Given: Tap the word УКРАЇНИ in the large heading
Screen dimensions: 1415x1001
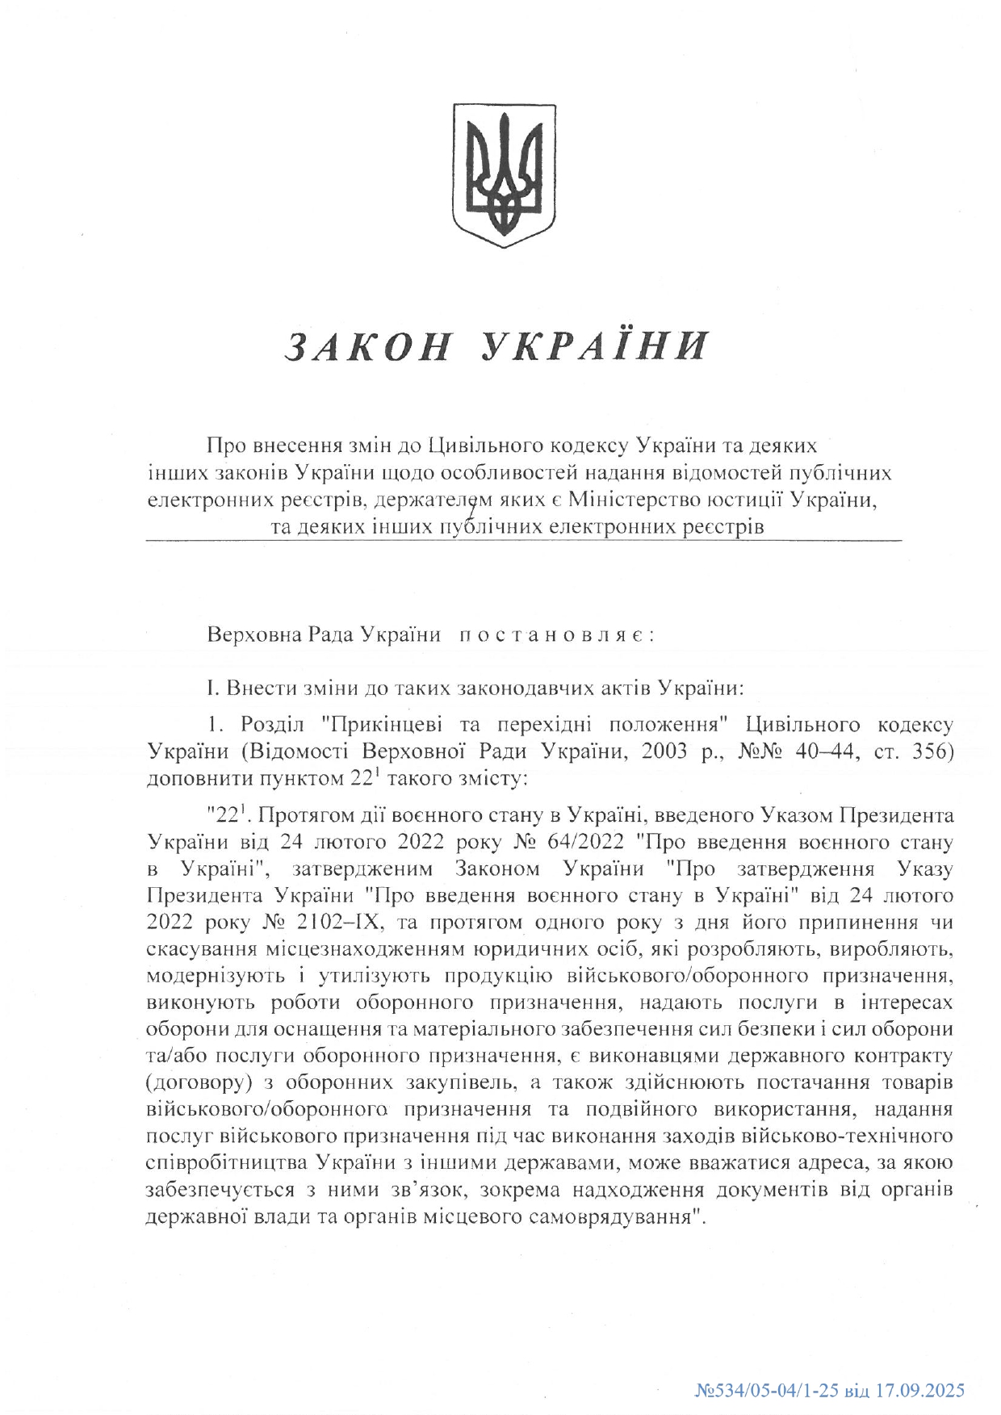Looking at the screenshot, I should (x=595, y=346).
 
